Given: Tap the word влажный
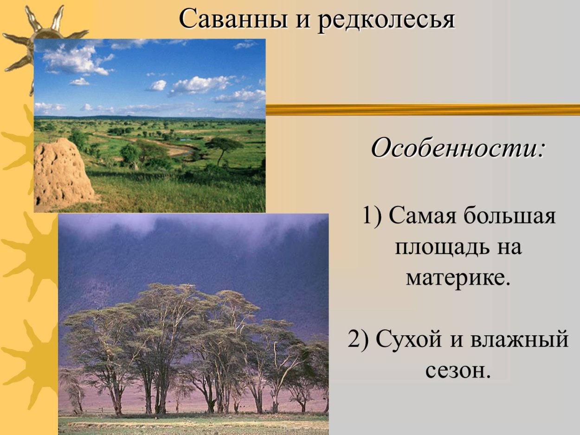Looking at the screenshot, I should coord(520,339).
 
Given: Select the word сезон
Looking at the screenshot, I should coord(458,371).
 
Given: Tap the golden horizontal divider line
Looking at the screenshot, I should coord(422,109).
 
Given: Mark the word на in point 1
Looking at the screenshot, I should coord(509,247).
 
